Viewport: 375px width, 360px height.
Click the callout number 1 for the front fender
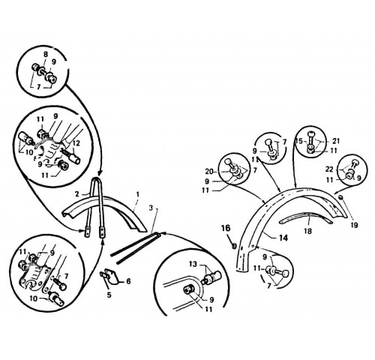tap(137, 194)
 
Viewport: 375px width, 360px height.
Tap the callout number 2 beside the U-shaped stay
tap(77, 193)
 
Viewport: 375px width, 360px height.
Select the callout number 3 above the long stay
tap(151, 208)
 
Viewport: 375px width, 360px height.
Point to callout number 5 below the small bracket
tap(109, 295)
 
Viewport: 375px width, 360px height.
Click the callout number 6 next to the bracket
tap(128, 281)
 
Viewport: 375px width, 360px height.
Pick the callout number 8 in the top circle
tap(46, 55)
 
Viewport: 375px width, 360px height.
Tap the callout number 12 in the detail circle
tap(76, 143)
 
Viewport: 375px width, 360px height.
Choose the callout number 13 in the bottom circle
tap(193, 264)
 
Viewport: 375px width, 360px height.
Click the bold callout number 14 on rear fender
tap(283, 238)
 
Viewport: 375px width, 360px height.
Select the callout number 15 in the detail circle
tap(299, 141)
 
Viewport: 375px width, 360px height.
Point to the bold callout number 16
tap(226, 228)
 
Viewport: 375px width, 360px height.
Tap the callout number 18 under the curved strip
tap(308, 231)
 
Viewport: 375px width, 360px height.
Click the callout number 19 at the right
tap(355, 225)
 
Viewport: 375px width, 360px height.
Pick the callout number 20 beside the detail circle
tap(209, 172)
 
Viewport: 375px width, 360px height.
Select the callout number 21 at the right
tap(336, 141)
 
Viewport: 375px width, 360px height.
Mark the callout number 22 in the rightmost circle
tap(329, 169)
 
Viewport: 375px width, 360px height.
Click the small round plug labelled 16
tap(234, 246)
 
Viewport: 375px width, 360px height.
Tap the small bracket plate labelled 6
tap(112, 277)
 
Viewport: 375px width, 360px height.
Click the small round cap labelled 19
tap(340, 198)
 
